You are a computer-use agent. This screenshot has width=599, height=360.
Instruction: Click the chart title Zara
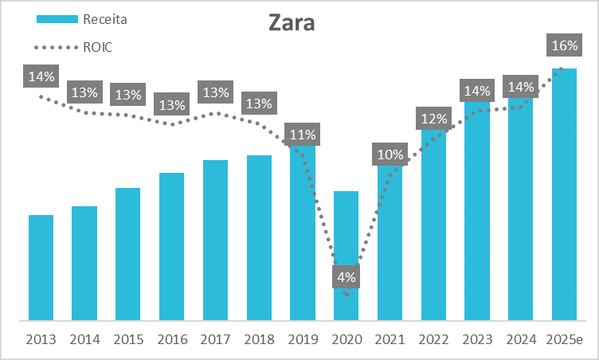(292, 23)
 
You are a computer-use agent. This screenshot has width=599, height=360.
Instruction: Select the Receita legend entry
(82, 19)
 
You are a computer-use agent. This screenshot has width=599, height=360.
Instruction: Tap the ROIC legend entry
(73, 47)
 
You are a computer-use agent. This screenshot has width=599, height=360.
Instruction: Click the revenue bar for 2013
(41, 268)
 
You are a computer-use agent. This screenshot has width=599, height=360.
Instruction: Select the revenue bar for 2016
(171, 246)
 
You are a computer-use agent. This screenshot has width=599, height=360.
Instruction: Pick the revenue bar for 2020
(346, 256)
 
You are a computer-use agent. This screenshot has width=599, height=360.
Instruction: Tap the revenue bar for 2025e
(564, 194)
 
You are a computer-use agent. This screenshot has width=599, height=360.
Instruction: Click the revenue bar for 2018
(259, 237)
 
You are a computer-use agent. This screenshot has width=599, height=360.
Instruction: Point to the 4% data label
(346, 277)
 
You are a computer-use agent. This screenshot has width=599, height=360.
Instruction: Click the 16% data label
(564, 45)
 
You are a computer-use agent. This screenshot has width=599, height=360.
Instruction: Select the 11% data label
(302, 134)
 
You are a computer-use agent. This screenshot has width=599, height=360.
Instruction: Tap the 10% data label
(390, 154)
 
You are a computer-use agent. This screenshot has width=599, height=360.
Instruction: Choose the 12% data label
(433, 119)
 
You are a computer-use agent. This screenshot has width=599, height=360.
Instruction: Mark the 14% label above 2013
(41, 76)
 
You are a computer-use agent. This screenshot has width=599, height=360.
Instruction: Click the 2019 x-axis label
(303, 339)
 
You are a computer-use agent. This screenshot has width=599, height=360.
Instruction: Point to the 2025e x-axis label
(564, 339)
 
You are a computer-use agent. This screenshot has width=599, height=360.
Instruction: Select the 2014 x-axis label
(84, 339)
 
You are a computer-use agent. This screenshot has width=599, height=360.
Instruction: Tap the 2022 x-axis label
(433, 339)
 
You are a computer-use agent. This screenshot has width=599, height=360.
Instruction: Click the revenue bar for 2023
(477, 211)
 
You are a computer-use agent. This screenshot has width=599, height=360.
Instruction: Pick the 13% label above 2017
(215, 92)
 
